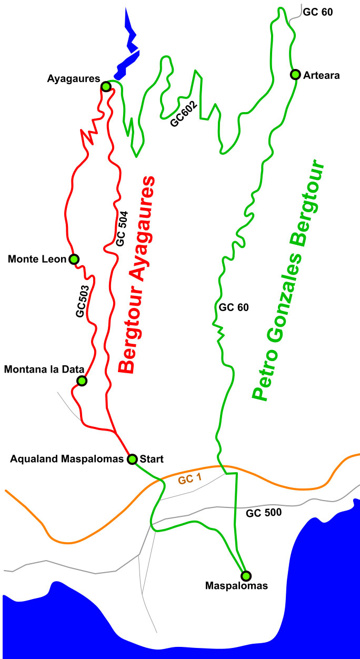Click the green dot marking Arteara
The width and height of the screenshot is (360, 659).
tap(295, 74)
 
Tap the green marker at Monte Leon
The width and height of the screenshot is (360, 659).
tap(74, 258)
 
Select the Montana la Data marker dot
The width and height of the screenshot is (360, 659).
tap(82, 380)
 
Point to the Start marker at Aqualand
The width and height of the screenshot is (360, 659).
tap(132, 458)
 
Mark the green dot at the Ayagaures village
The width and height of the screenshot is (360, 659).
tap(106, 86)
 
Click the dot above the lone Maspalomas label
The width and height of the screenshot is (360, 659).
tap(245, 575)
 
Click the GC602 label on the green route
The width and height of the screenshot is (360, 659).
tap(184, 114)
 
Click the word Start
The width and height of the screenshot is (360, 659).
tap(152, 459)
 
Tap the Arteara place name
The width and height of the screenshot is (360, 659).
tap(322, 75)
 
